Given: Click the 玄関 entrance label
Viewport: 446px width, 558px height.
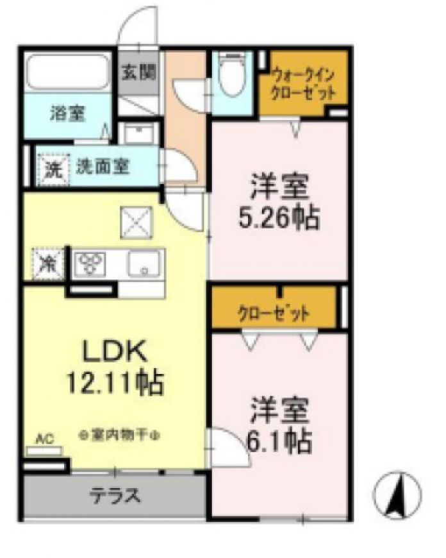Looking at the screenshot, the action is (139, 73).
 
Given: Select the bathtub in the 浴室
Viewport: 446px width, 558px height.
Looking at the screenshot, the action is (68, 72).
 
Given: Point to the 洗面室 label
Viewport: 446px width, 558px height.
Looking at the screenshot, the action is (104, 167).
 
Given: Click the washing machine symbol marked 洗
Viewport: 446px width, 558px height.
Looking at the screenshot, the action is (53, 169).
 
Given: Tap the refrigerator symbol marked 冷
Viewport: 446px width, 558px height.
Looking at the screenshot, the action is (47, 264).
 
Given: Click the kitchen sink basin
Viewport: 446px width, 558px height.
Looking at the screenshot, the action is (144, 264).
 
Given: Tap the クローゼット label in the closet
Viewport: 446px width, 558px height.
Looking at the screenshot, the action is (274, 314).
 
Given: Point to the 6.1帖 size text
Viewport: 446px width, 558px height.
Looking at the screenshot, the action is (279, 441).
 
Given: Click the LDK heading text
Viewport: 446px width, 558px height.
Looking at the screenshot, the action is (115, 351).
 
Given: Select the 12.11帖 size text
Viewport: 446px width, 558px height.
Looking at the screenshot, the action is (115, 382).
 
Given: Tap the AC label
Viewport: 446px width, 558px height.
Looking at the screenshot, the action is (44, 439).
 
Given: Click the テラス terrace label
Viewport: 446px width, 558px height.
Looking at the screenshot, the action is (115, 495).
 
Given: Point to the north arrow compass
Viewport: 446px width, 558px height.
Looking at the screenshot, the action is (398, 495).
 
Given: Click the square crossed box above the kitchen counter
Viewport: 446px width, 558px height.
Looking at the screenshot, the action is (136, 222).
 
